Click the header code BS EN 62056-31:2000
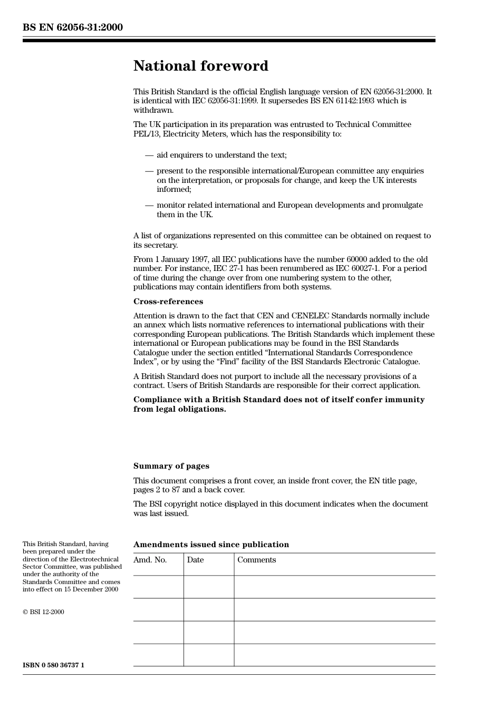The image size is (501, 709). click(73, 27)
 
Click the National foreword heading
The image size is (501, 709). click(200, 66)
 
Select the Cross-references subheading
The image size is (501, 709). click(168, 302)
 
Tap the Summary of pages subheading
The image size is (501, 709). click(171, 466)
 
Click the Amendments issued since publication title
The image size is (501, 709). click(211, 545)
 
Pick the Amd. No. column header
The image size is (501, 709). click(150, 560)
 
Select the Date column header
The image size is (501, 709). click(195, 560)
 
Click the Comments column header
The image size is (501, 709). click(256, 560)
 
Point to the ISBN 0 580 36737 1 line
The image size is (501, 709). click(53, 665)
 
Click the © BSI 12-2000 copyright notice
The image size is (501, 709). click(43, 612)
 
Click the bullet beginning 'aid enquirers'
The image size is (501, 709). click(221, 155)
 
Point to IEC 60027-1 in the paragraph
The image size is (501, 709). click(357, 268)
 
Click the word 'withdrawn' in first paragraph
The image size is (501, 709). click(153, 110)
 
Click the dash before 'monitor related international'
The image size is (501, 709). click(149, 205)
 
